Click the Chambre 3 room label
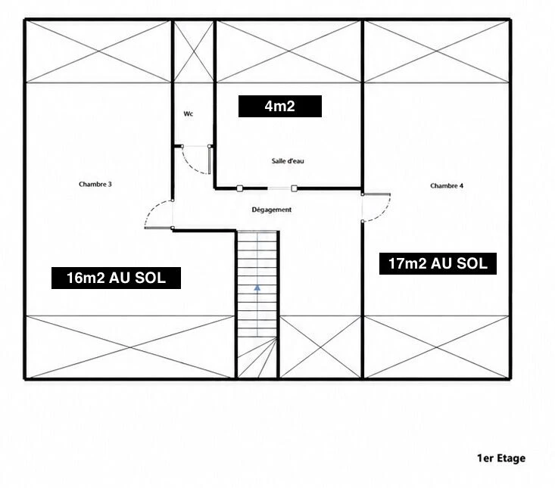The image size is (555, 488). coord(95,185)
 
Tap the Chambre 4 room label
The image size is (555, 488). coord(447,185)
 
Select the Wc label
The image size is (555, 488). coord(189,113)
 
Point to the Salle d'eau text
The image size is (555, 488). coord(288,161)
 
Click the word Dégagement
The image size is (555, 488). coord(272,210)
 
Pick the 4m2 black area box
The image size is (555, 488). coord(280,106)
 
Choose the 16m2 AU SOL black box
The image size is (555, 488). coord(116,278)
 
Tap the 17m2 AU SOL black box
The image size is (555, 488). coord(438,263)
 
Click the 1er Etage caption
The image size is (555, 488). coord(501,458)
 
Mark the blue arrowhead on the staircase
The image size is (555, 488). coord(257,288)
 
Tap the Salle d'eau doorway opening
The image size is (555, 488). coord(279,188)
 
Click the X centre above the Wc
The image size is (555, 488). coord(194,51)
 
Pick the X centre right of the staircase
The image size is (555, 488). coord(320,347)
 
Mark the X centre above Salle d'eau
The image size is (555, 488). coord(288,51)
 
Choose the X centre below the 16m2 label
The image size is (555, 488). coord(130,347)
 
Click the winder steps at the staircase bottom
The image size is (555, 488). coord(257,357)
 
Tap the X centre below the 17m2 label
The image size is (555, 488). coord(436,347)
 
